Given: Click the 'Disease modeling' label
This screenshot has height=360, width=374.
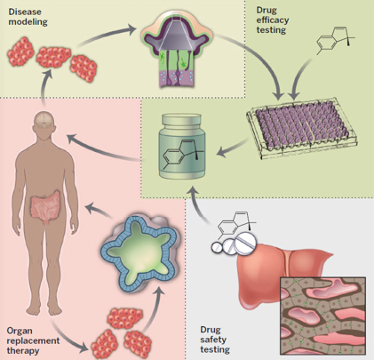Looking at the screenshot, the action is pos(28,17).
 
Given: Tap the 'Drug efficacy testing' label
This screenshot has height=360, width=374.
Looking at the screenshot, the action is pos(273,20).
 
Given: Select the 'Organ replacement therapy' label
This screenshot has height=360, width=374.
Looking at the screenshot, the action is pos(33,340).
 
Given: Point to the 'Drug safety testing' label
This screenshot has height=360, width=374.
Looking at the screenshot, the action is pos(215,340).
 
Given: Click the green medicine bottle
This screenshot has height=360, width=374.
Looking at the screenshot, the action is pos(182,147).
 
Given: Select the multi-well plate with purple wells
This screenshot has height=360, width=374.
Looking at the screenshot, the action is pos(301,126).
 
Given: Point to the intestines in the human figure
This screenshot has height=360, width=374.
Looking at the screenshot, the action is pos(45,205).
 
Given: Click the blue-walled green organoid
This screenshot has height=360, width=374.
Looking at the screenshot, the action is pos(139,252).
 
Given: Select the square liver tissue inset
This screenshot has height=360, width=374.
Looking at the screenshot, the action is pos(323,316).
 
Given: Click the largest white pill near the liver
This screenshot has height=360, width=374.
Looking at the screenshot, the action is pos(246,243).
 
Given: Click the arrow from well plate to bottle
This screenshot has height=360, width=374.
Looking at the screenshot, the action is pos(232,148).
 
